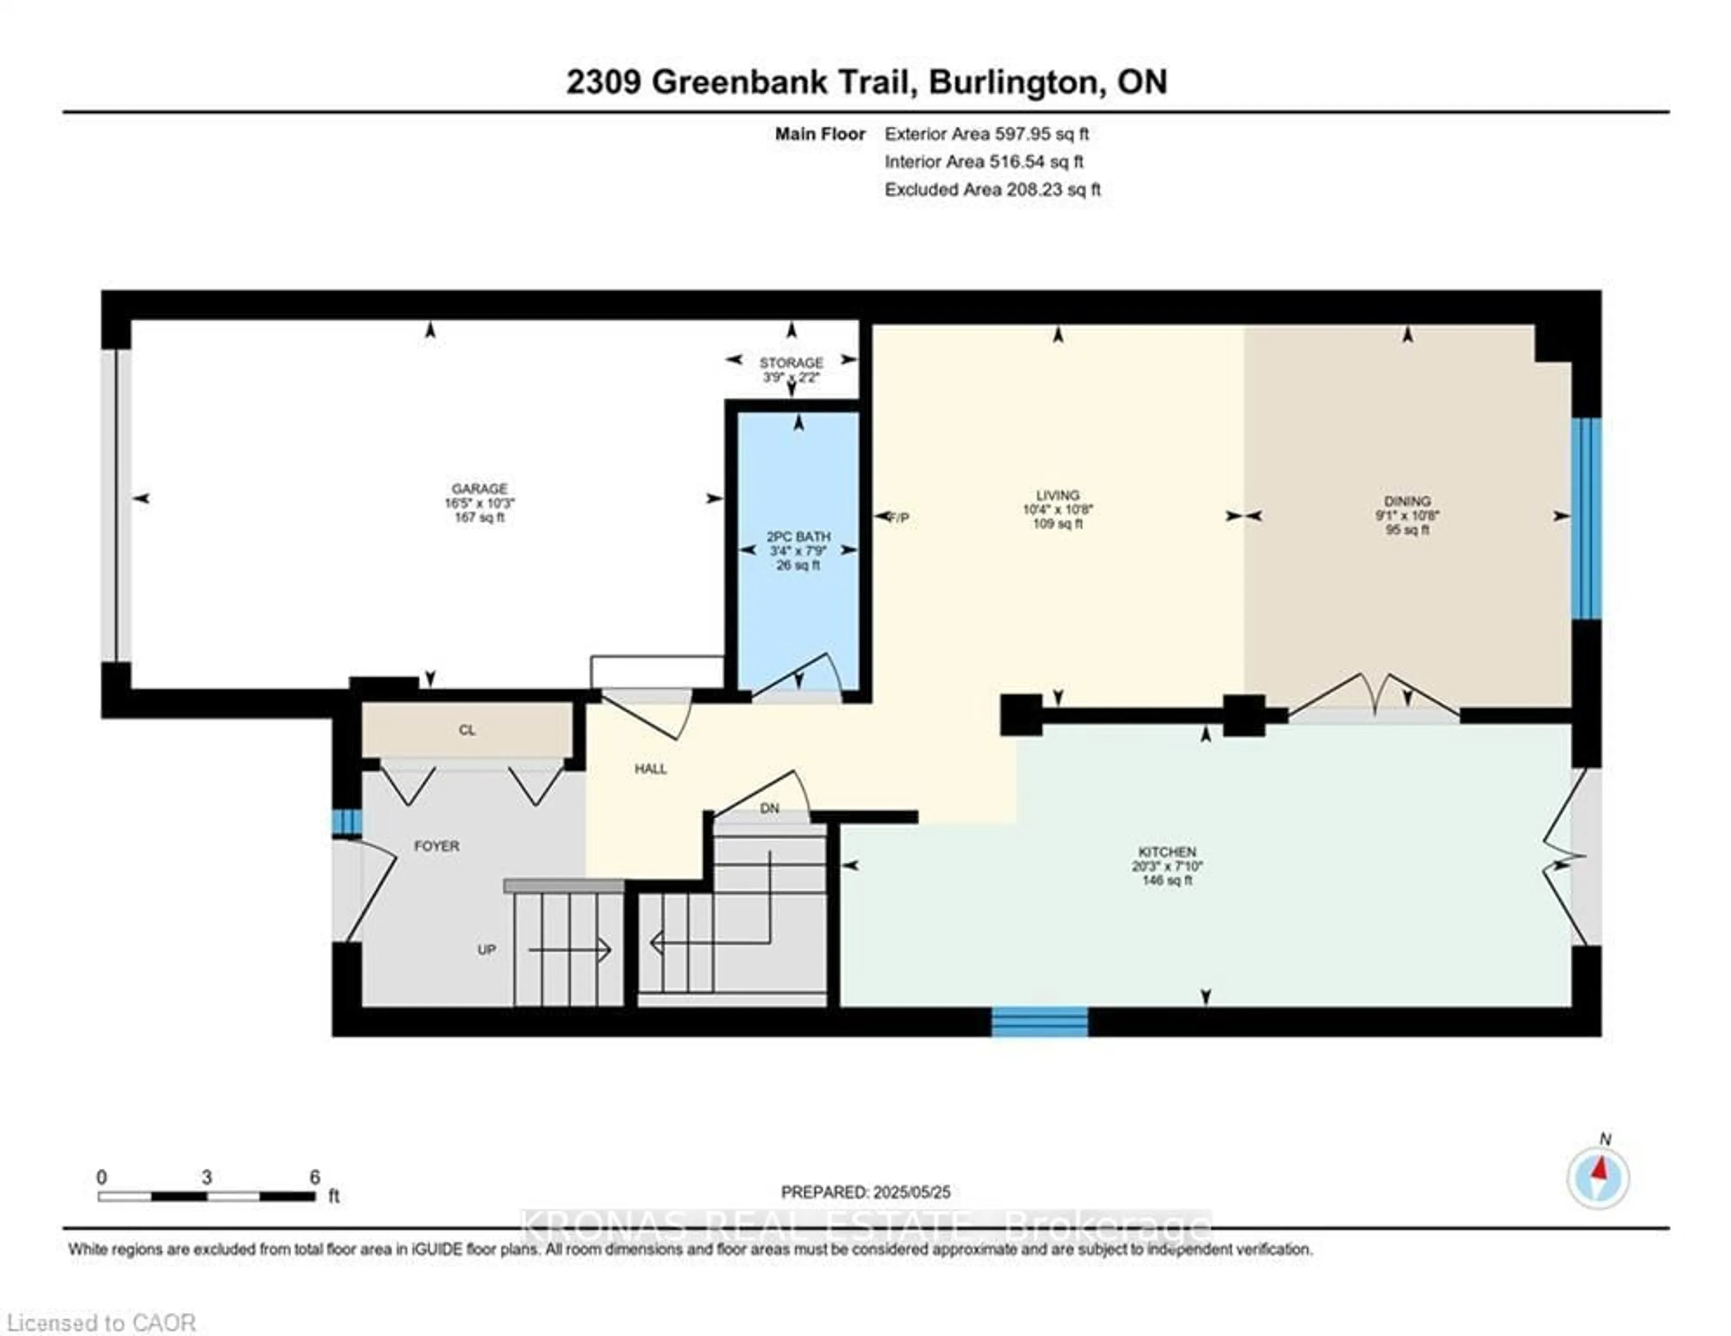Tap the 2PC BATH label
(x=798, y=536)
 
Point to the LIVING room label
(x=1057, y=495)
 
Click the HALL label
(x=651, y=769)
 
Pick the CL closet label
(x=467, y=730)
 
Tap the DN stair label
(x=769, y=808)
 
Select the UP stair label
(x=487, y=949)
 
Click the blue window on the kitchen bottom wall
(x=1040, y=1021)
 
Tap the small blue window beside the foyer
(x=346, y=822)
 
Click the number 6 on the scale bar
(x=315, y=1177)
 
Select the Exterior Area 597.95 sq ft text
(x=987, y=134)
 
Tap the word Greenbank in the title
(x=779, y=82)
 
